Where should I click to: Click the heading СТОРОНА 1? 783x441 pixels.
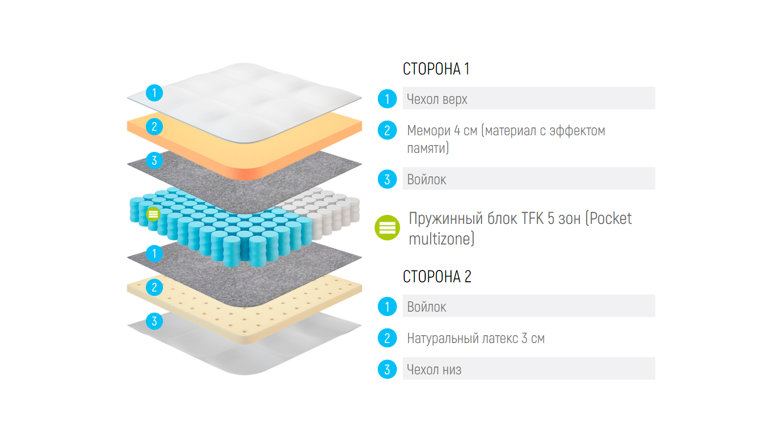click(x=436, y=69)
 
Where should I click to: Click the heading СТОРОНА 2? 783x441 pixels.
click(x=437, y=277)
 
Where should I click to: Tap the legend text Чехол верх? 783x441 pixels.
click(x=437, y=99)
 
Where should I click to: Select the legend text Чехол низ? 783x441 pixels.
click(x=434, y=370)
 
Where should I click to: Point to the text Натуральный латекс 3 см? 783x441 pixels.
click(x=476, y=339)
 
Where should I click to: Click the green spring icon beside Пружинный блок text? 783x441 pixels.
click(x=387, y=228)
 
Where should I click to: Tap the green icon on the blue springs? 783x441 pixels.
click(x=153, y=214)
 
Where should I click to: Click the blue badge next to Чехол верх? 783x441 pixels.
click(x=387, y=99)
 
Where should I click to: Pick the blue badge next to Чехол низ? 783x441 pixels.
click(x=387, y=369)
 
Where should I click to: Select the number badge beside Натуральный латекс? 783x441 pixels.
click(x=387, y=338)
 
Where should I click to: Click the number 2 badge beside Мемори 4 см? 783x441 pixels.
click(x=387, y=130)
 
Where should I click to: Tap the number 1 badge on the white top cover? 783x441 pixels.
click(x=154, y=93)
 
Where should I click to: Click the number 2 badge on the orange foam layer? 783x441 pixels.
click(x=154, y=126)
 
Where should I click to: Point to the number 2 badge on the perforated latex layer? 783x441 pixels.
click(x=154, y=287)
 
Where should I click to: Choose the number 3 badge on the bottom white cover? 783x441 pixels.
click(x=154, y=321)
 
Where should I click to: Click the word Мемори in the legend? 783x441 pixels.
click(x=429, y=131)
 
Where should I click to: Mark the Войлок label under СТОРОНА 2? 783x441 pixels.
click(x=427, y=307)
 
